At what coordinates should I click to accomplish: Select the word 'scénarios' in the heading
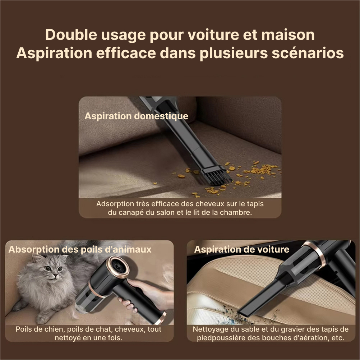[308, 53]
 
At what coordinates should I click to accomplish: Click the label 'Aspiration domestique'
[137, 116]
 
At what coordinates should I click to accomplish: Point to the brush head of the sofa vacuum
[216, 176]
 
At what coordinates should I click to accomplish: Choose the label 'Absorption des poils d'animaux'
[80, 249]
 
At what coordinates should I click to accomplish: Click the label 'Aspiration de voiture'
[241, 249]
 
